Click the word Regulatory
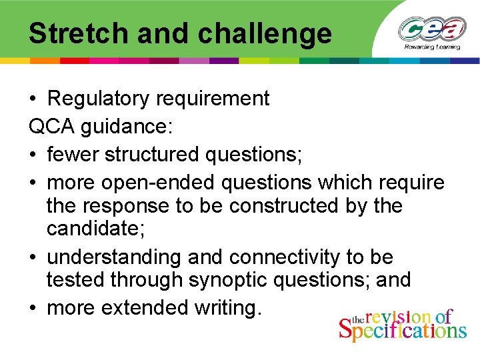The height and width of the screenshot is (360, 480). pos(99,99)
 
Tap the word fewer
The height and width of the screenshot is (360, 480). pos(75,155)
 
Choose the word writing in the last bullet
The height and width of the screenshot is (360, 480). pos(227,308)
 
